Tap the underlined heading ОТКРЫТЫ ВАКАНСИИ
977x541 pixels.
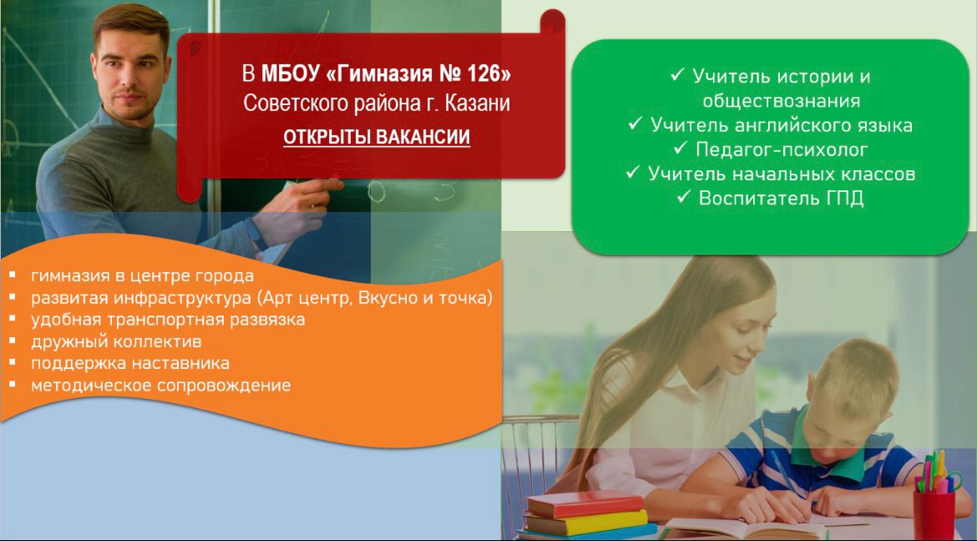click(377, 137)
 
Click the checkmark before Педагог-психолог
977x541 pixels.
click(680, 149)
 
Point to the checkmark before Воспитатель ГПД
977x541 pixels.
click(684, 198)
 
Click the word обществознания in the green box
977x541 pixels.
click(771, 101)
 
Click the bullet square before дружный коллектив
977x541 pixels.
click(12, 341)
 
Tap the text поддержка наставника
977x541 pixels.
click(130, 363)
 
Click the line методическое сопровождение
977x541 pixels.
click(161, 385)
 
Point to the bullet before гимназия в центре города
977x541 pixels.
click(12, 275)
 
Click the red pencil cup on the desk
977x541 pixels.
click(934, 513)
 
